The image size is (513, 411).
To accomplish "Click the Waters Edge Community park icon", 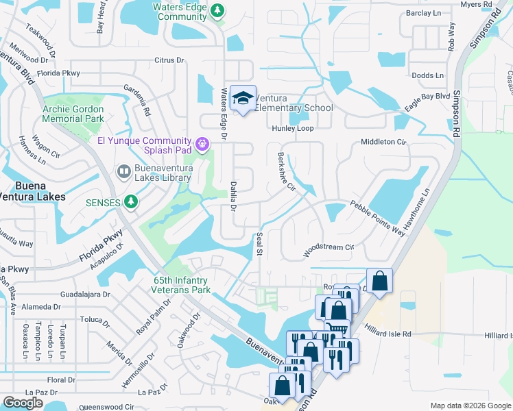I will click(x=217, y=10).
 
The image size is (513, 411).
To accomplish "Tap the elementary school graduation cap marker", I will click(x=243, y=98).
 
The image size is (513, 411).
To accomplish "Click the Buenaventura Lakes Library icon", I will click(x=123, y=171).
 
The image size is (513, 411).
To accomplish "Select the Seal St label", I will click(x=259, y=243).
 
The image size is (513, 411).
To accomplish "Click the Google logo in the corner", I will click(x=23, y=403).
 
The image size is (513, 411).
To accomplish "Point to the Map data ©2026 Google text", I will click(x=470, y=406).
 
